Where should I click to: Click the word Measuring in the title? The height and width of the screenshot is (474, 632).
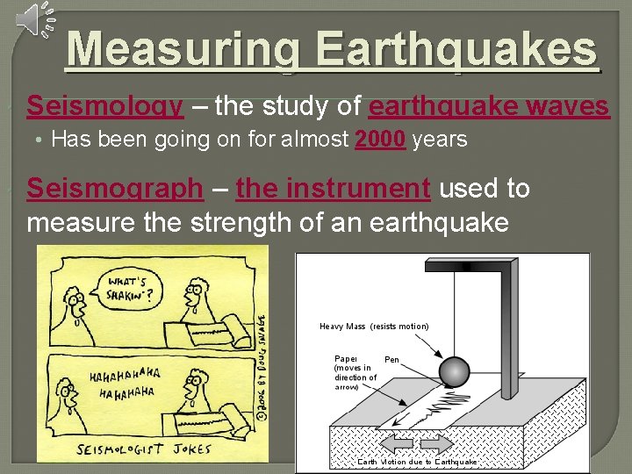[180, 50]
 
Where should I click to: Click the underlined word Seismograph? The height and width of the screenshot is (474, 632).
[115, 188]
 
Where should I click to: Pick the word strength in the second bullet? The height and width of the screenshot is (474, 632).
[254, 221]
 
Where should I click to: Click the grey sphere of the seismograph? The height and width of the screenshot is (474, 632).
[456, 372]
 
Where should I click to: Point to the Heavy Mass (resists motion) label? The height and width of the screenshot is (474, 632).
[374, 327]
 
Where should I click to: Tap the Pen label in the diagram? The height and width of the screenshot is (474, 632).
[391, 360]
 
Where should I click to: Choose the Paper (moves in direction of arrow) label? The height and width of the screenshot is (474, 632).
[355, 372]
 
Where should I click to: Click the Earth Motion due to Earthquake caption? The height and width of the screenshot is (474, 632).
[417, 462]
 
